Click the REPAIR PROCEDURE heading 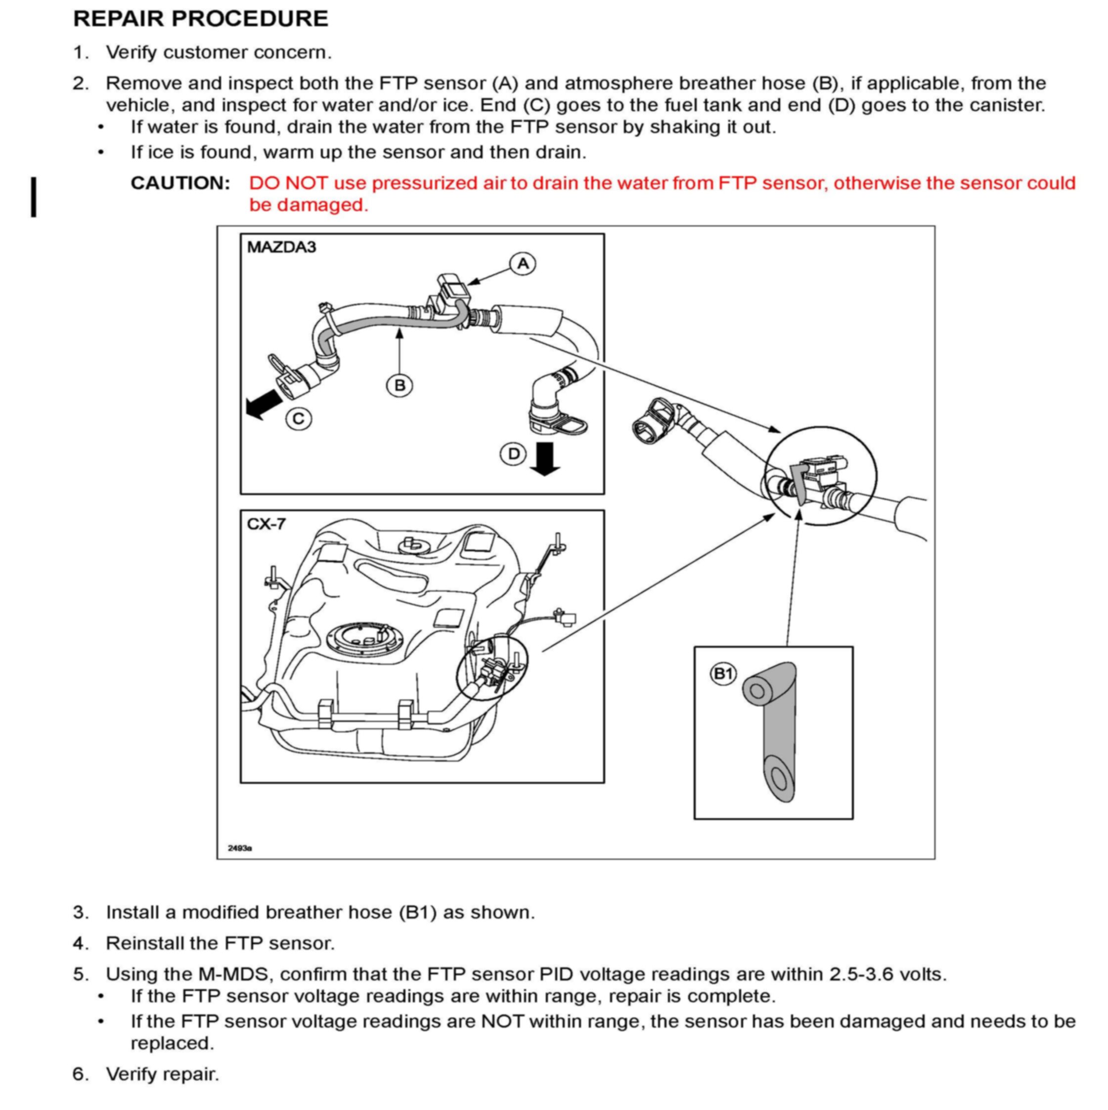[200, 18]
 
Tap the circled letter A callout [523, 264]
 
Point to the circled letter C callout [299, 419]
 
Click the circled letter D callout [513, 454]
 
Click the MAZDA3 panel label [281, 247]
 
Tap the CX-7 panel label [266, 524]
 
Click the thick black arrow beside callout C [264, 404]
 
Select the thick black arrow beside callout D [544, 459]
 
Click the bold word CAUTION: [180, 183]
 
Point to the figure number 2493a [240, 848]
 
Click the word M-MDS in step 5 [233, 975]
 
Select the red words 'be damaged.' [309, 205]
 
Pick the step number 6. [81, 1074]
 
